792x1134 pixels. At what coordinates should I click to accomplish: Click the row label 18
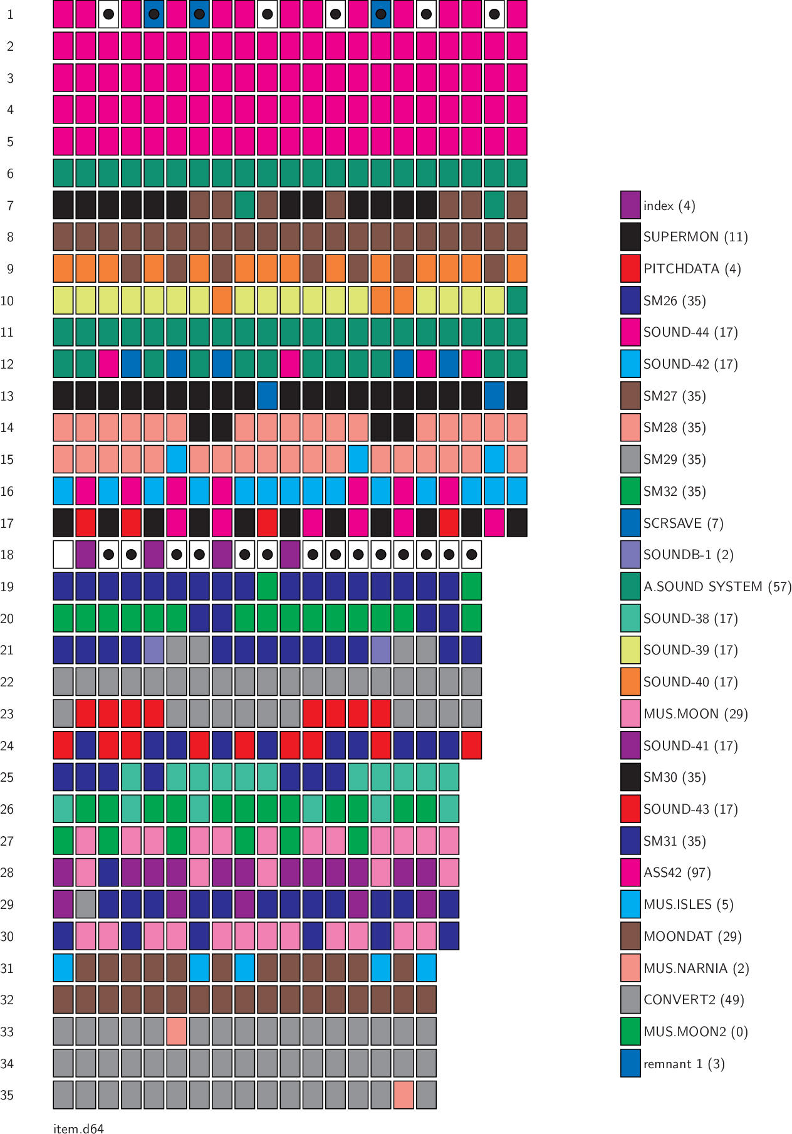pos(7,555)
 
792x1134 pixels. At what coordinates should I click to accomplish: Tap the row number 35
pos(7,1095)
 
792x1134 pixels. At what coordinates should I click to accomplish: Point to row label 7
pos(10,206)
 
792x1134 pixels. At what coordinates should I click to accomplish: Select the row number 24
pos(7,746)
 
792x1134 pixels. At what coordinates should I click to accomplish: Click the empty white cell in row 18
pos(63,555)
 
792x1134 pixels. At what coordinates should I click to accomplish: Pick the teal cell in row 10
pos(517,300)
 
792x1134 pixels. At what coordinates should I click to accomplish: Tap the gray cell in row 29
pos(86,905)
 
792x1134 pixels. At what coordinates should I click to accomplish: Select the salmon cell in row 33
pos(177,1032)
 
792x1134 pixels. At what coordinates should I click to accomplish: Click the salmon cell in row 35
pos(404,1095)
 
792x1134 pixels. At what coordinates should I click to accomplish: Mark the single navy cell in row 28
pos(108,873)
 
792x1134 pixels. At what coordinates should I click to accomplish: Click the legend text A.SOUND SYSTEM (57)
pos(717,587)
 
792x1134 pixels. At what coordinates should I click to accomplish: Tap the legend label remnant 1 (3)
pos(684,1064)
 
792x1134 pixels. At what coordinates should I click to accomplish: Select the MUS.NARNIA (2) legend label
pos(696,969)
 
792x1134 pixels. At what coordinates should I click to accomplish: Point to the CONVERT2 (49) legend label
pos(694,1000)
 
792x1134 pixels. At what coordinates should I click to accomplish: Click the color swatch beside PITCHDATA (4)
pos(630,268)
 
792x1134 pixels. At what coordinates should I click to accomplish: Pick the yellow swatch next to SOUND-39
pos(630,650)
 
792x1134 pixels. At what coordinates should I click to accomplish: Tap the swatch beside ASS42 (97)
pos(630,873)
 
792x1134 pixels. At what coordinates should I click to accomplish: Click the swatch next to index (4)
pos(630,205)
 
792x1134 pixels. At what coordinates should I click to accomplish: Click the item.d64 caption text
pos(78,1128)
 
